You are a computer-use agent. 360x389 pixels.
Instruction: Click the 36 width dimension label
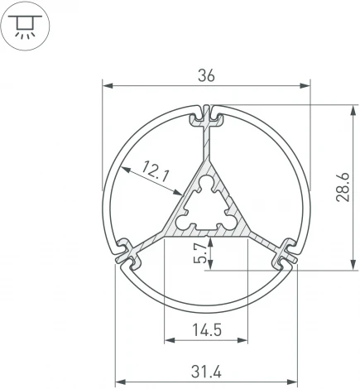coord(206,75)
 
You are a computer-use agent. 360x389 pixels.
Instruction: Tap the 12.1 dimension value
coord(156,173)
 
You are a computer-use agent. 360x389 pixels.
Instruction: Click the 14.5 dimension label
coord(206,330)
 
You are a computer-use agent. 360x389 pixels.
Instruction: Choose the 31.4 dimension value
coord(206,372)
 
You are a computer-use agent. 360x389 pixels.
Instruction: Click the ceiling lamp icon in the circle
coord(27,27)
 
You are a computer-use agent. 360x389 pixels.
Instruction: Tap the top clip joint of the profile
coord(207,117)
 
